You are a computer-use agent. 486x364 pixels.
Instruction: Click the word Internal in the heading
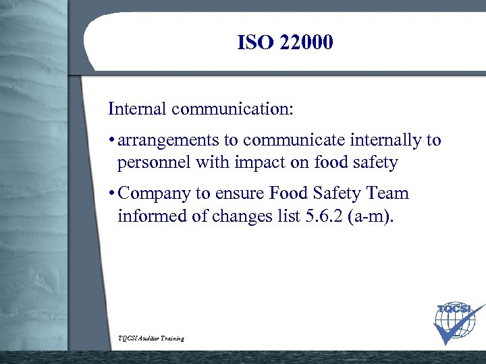click(x=138, y=109)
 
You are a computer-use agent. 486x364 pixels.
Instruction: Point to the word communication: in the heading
click(x=233, y=109)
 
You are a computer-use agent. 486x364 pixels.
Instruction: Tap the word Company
click(x=155, y=194)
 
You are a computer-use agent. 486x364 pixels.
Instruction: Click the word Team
click(x=387, y=194)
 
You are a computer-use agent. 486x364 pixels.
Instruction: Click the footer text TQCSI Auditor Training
click(x=151, y=338)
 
